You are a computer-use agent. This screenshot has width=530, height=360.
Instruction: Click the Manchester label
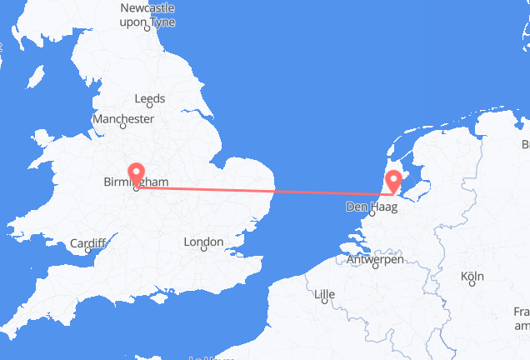123,119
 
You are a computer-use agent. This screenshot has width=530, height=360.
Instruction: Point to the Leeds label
150,98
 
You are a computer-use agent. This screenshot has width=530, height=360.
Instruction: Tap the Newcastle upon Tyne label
148,15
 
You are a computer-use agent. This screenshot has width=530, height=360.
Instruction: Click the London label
203,242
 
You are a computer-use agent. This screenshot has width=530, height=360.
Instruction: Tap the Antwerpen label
376,260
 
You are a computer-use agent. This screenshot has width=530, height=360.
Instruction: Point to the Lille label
324,292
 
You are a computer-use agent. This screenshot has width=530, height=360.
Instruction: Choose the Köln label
472,276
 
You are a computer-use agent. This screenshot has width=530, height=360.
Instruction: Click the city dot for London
203,250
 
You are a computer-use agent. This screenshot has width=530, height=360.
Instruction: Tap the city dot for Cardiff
88,250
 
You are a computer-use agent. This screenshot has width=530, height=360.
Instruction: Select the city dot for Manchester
123,127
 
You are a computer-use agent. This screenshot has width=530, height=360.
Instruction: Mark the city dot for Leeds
150,106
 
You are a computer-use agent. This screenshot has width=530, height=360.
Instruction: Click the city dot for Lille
324,300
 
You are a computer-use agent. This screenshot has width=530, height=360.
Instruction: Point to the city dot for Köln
472,283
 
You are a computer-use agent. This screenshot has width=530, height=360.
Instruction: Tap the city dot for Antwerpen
375,267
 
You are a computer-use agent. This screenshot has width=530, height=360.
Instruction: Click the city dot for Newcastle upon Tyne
148,27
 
